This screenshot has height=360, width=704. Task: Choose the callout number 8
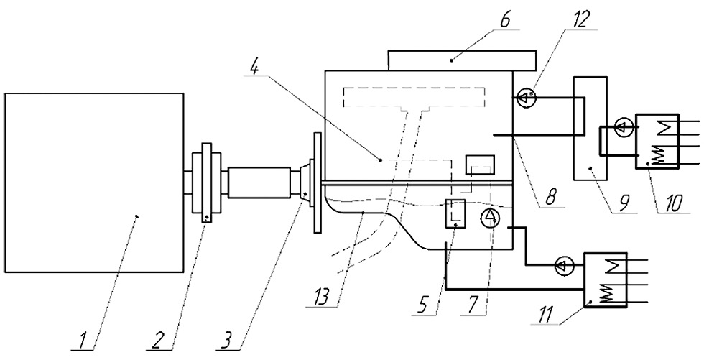point(550,196)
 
